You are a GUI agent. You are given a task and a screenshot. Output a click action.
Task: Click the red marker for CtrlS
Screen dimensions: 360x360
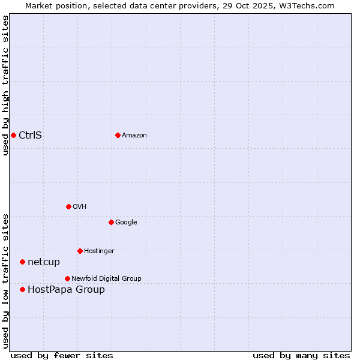pyautogui.click(x=13, y=135)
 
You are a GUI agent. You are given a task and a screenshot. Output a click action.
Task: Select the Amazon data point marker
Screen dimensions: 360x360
pyautogui.click(x=118, y=135)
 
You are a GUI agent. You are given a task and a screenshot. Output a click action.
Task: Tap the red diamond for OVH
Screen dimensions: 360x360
pyautogui.click(x=68, y=206)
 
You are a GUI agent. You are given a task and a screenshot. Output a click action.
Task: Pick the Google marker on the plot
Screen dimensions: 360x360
pyautogui.click(x=111, y=222)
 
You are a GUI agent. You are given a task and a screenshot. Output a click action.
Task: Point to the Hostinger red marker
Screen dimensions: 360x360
pyautogui.click(x=80, y=251)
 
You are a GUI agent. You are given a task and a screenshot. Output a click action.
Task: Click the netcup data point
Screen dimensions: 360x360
pyautogui.click(x=22, y=262)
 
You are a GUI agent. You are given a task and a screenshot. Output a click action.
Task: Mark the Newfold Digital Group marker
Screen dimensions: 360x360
pyautogui.click(x=67, y=278)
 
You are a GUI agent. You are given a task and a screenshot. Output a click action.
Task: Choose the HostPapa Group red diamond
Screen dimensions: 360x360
pyautogui.click(x=22, y=289)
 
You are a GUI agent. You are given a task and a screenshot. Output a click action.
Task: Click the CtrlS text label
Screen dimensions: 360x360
pyautogui.click(x=30, y=135)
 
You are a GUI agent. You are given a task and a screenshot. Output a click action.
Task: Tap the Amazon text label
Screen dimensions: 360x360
pyautogui.click(x=134, y=135)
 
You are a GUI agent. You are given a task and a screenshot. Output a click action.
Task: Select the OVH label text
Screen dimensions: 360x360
pyautogui.click(x=79, y=206)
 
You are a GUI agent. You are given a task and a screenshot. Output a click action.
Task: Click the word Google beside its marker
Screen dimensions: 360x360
pyautogui.click(x=126, y=222)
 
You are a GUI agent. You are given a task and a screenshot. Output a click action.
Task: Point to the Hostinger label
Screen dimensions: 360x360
pyautogui.click(x=99, y=251)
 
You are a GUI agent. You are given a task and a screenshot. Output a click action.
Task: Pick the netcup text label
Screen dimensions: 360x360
pyautogui.click(x=44, y=262)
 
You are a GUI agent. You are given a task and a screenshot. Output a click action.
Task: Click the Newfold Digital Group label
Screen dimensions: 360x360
pyautogui.click(x=106, y=278)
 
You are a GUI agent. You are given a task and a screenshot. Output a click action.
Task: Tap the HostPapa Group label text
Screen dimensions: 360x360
pyautogui.click(x=66, y=289)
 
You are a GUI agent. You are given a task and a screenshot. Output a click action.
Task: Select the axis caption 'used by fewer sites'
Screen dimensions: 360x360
pyautogui.click(x=62, y=355)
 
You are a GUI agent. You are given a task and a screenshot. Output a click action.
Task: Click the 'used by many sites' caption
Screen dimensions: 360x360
pyautogui.click(x=301, y=355)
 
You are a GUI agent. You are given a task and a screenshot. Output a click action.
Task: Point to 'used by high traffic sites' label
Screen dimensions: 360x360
pyautogui.click(x=6, y=85)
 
